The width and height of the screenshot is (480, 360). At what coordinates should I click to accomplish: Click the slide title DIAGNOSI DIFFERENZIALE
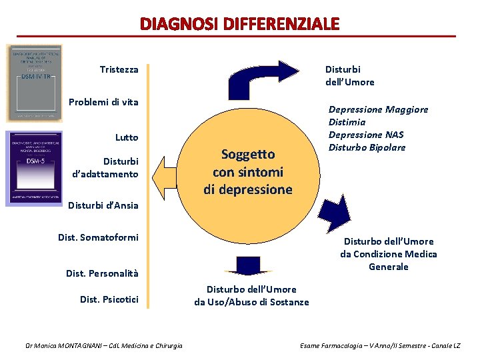(x=240, y=25)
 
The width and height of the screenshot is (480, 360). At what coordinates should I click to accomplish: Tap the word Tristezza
(x=119, y=69)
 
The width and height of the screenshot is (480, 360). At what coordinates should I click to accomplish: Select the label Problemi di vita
(x=103, y=102)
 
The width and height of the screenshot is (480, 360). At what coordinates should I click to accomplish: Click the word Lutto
(x=127, y=137)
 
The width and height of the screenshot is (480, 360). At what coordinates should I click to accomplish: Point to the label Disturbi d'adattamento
(x=105, y=167)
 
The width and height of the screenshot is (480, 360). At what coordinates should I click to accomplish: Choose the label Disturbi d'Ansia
(x=103, y=205)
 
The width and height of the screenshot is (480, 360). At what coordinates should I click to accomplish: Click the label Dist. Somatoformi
(x=99, y=237)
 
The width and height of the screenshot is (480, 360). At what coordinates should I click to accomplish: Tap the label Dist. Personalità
(x=102, y=273)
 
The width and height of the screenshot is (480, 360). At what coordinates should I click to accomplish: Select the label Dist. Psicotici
(x=109, y=299)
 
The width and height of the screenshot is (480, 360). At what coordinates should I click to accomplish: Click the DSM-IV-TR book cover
(x=33, y=83)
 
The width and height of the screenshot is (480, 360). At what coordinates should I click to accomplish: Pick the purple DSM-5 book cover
(x=33, y=169)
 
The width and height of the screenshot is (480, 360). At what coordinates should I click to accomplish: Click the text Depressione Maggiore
(x=378, y=109)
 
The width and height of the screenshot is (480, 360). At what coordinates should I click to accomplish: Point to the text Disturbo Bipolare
(x=367, y=147)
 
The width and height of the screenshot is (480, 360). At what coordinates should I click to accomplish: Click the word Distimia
(x=347, y=122)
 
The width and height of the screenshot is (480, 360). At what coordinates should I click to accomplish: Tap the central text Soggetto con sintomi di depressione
(x=248, y=172)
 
